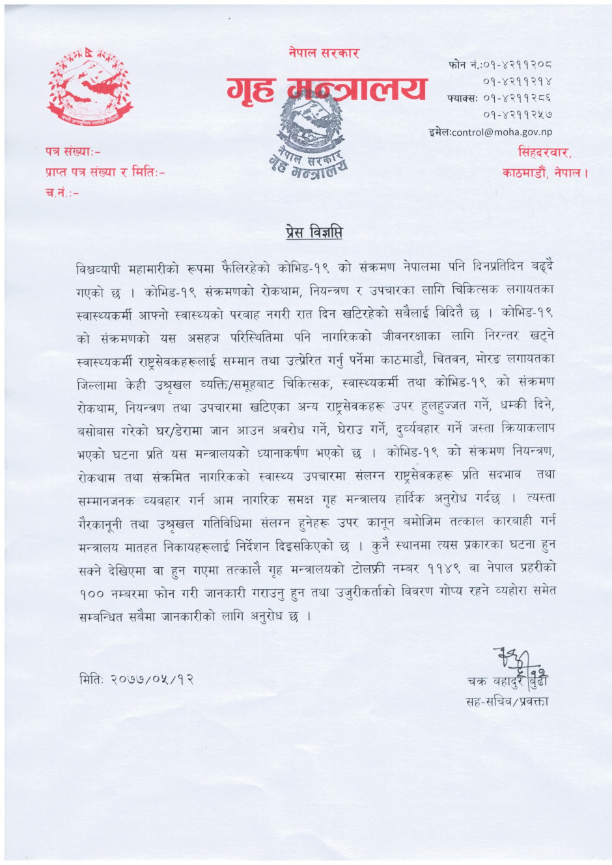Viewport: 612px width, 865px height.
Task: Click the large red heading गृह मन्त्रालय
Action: pyautogui.click(x=327, y=88)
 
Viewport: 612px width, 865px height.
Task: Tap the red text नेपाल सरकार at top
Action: pyautogui.click(x=324, y=53)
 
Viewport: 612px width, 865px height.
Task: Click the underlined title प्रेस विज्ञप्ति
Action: pyautogui.click(x=314, y=232)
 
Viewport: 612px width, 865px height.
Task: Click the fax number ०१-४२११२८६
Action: pyautogui.click(x=518, y=98)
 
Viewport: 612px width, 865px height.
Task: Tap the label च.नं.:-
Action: pyautogui.click(x=62, y=194)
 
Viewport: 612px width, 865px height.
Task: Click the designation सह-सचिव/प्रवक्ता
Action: pyautogui.click(x=507, y=701)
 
